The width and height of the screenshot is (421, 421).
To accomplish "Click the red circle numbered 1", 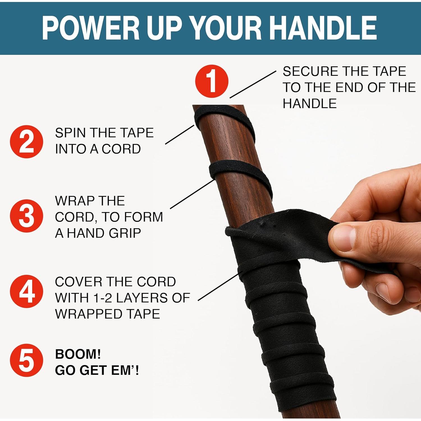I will (x=212, y=81).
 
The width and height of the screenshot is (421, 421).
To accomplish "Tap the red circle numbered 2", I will (x=26, y=141).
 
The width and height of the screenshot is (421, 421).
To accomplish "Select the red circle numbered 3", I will (x=26, y=216).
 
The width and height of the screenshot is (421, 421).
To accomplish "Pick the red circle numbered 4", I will (x=26, y=291).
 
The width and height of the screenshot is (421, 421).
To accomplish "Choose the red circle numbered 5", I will (x=26, y=360).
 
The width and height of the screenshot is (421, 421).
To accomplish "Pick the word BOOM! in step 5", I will (x=78, y=354).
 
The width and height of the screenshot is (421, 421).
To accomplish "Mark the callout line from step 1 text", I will (x=253, y=84).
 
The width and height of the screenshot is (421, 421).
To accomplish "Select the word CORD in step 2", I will (x=121, y=149).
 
